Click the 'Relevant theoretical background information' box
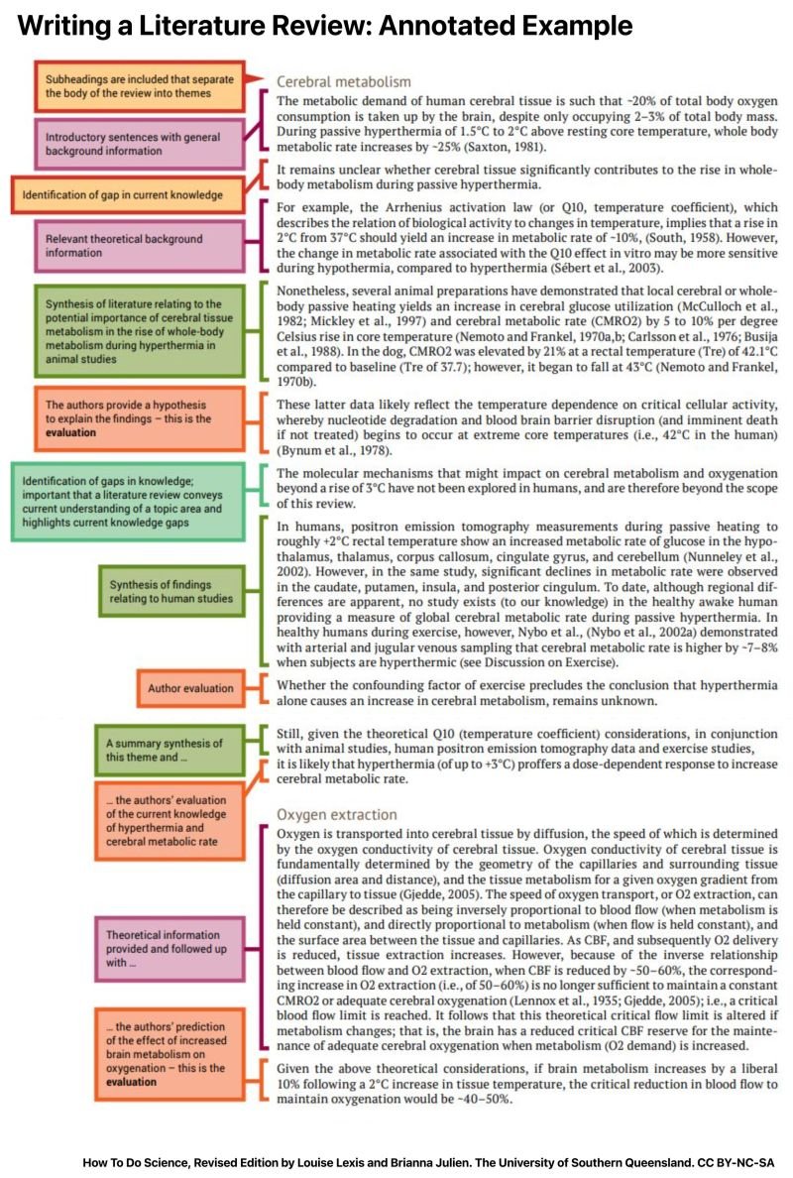pyautogui.click(x=139, y=246)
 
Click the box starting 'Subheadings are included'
pyautogui.click(x=138, y=84)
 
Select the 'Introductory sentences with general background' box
pyautogui.click(x=139, y=144)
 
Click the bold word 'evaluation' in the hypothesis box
pyautogui.click(x=77, y=432)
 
